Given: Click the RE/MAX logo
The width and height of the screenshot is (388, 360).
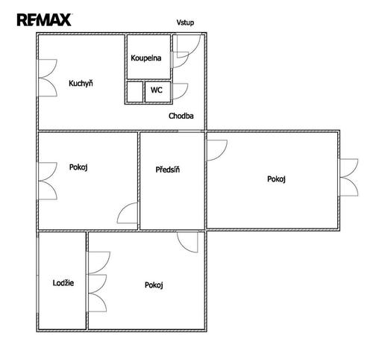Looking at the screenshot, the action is [x=44, y=19].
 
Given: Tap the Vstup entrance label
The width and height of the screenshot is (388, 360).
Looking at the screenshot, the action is [x=185, y=22].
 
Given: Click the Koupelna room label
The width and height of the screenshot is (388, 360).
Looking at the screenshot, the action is [x=146, y=58].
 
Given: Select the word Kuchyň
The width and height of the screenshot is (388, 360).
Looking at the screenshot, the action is [x=81, y=83].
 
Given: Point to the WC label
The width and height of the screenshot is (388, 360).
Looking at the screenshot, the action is [x=157, y=90].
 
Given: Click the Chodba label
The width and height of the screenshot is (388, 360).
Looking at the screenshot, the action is [x=181, y=116].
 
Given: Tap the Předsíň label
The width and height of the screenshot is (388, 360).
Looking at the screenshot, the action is [x=168, y=170].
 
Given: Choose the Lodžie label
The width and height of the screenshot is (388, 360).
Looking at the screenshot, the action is [x=63, y=283].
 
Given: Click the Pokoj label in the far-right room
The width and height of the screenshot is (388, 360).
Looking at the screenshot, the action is [x=276, y=179].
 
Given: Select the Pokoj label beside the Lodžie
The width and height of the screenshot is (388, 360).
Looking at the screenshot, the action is [x=154, y=285].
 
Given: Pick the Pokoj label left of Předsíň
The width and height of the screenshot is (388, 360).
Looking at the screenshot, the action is [x=78, y=167].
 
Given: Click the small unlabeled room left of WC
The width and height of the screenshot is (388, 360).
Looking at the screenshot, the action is [x=135, y=92].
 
